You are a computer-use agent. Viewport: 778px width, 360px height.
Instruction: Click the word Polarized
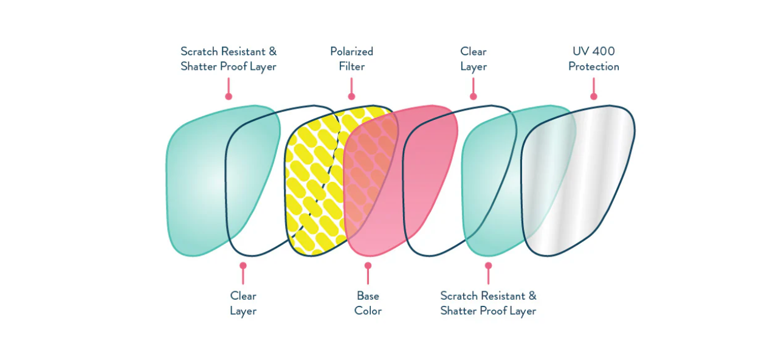(351, 52)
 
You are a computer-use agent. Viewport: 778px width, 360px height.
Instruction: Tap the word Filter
(351, 66)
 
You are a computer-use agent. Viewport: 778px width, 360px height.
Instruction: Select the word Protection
(594, 66)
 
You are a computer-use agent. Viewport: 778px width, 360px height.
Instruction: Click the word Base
(368, 296)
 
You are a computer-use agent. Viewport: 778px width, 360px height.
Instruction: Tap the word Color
(368, 311)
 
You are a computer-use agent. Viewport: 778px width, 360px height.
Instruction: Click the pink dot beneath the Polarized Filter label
(351, 96)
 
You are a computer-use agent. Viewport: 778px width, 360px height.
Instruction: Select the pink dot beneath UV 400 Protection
(594, 96)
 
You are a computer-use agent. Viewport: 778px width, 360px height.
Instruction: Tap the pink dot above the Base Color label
(368, 265)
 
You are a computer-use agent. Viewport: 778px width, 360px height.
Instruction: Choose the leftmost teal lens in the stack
(194, 182)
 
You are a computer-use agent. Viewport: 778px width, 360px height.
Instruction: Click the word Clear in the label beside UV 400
(473, 52)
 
